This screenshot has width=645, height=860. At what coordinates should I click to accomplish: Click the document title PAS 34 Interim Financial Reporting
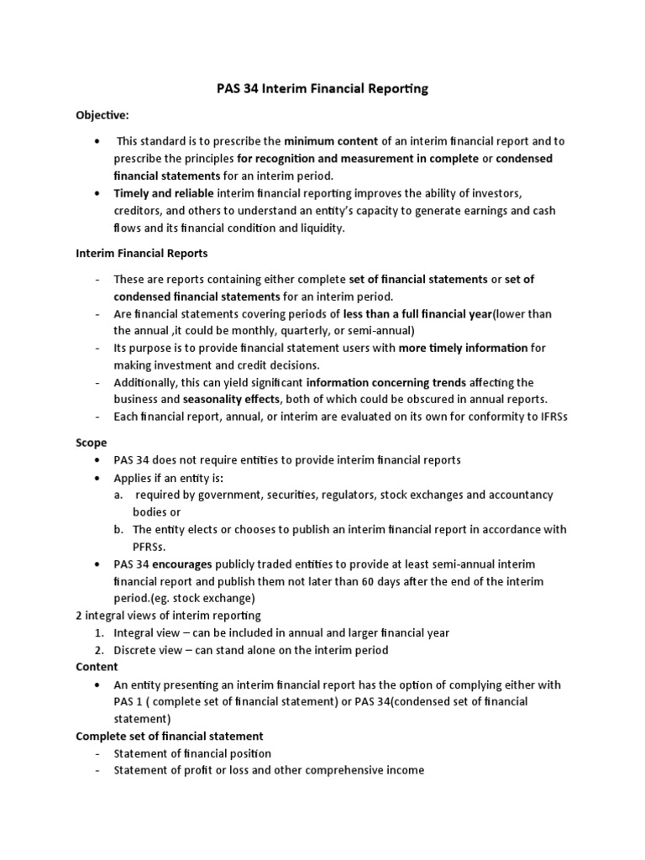tap(322, 89)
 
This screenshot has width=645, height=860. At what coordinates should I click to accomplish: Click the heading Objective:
tap(103, 115)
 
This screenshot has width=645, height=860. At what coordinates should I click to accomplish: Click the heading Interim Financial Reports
tap(142, 253)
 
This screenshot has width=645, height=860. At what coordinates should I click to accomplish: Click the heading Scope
tap(92, 443)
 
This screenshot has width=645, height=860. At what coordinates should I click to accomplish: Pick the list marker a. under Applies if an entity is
tap(119, 495)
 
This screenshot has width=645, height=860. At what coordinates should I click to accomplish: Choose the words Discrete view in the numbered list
tap(147, 650)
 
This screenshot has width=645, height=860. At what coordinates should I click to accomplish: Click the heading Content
tap(97, 667)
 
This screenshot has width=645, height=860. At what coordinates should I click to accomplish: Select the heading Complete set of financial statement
tap(170, 737)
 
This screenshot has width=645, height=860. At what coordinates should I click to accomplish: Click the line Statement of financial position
tap(192, 753)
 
